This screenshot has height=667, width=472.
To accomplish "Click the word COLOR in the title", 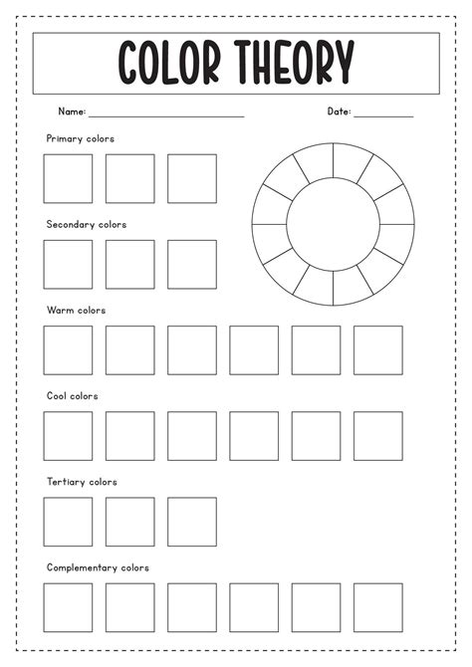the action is pyautogui.click(x=170, y=63).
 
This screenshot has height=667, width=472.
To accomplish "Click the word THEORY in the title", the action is pyautogui.click(x=296, y=63).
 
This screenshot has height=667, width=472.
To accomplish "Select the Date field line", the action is pyautogui.click(x=383, y=115).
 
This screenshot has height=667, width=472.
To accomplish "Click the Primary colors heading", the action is pyautogui.click(x=80, y=138).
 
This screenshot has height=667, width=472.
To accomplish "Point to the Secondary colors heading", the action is pyautogui.click(x=87, y=224).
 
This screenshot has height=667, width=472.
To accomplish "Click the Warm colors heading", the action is pyautogui.click(x=76, y=310).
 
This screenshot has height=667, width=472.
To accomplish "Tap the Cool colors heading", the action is pyautogui.click(x=73, y=395).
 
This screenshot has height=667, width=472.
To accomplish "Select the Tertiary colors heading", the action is pyautogui.click(x=82, y=482).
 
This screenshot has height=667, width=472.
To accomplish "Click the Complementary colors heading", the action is pyautogui.click(x=98, y=567).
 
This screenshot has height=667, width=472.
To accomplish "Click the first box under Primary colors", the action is pyautogui.click(x=68, y=178).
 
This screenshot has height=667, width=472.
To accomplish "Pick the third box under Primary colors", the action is pyautogui.click(x=192, y=178).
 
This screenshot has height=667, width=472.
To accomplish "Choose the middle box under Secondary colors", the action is pyautogui.click(x=130, y=264).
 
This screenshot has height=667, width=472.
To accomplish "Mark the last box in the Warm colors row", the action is pyautogui.click(x=378, y=350).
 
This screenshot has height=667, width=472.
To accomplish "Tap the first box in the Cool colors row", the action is pyautogui.click(x=68, y=436).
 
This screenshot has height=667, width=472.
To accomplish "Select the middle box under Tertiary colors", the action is pyautogui.click(x=130, y=522).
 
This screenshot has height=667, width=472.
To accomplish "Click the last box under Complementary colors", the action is pyautogui.click(x=378, y=607).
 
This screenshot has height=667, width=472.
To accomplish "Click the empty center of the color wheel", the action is pyautogui.click(x=333, y=223).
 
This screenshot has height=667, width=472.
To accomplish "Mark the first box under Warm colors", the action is pyautogui.click(x=68, y=350).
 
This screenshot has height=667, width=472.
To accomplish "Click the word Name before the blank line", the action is pyautogui.click(x=71, y=111).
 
